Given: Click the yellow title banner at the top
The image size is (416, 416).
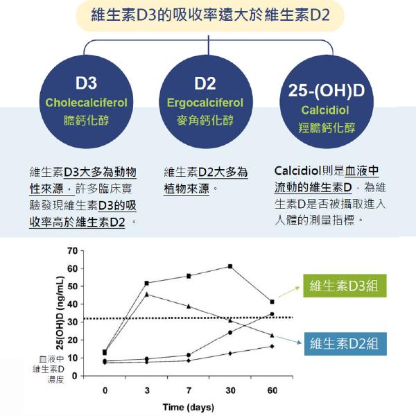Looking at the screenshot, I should coord(207,15).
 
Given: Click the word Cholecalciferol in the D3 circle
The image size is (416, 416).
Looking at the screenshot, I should coord(87,103).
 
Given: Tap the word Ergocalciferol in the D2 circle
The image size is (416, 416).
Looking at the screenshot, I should coord(205,103).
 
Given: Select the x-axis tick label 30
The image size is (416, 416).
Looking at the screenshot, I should coord(230,390).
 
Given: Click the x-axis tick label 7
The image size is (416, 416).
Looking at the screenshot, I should coord(189,390).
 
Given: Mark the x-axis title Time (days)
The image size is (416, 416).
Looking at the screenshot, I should coord(189,407).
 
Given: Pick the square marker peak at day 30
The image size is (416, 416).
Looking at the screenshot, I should coord(230,266).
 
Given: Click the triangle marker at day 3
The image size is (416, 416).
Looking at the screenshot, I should coord(147,294).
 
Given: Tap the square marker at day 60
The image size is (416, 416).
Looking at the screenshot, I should coord(272,302).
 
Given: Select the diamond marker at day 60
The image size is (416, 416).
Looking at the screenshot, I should coord(272,346).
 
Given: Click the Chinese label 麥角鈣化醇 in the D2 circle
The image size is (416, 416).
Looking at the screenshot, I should coord(205,119).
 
